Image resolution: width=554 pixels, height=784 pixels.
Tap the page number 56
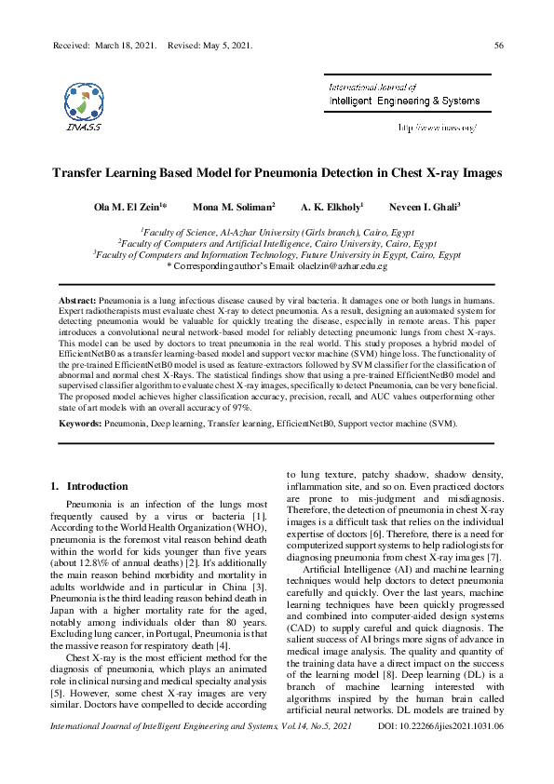click(499, 45)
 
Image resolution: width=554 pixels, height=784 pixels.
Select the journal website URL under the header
click(437, 126)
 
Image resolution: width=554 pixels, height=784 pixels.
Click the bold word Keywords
click(80, 423)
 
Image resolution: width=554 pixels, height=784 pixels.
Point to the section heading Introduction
click(98, 486)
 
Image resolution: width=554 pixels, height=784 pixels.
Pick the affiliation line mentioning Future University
click(277, 253)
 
